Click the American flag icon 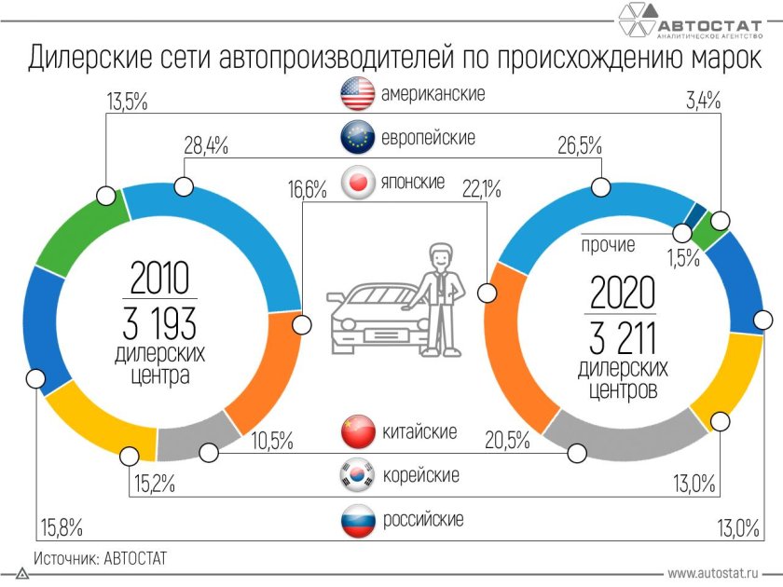(x=357, y=93)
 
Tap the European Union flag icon (x=357, y=137)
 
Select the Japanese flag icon (x=357, y=182)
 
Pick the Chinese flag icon (x=357, y=431)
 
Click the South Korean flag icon (x=357, y=475)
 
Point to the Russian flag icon (x=357, y=519)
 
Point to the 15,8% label (x=59, y=527)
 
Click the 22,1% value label (x=482, y=189)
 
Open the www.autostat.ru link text (x=712, y=573)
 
